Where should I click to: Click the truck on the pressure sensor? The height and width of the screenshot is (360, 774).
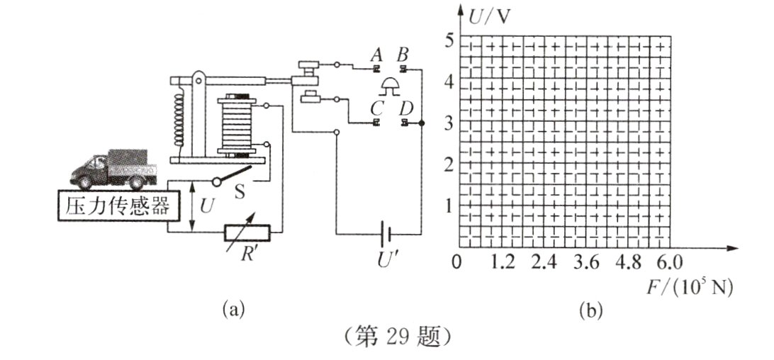(x=113, y=169)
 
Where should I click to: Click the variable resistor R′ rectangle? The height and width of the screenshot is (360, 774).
(x=247, y=232)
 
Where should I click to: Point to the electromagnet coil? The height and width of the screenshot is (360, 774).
(x=237, y=125)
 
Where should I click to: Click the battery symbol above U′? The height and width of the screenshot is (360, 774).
(x=386, y=233)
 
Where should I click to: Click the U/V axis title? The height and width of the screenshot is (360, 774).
(x=490, y=17)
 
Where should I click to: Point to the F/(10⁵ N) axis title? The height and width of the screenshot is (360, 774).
(x=690, y=288)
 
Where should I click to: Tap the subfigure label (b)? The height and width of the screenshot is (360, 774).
(x=591, y=311)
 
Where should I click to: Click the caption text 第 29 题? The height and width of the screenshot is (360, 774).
(x=396, y=337)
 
